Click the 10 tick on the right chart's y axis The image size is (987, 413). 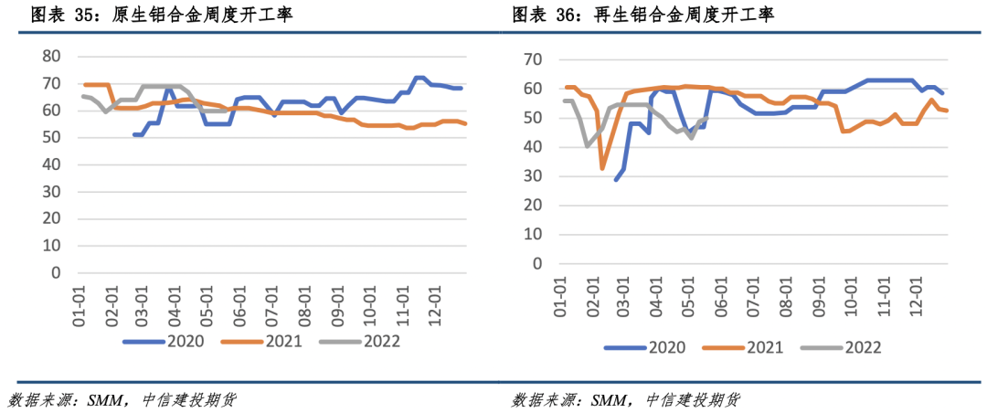coord(536,234)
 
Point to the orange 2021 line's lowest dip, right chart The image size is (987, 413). coord(602,168)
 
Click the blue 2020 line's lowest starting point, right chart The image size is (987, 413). coord(616,180)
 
